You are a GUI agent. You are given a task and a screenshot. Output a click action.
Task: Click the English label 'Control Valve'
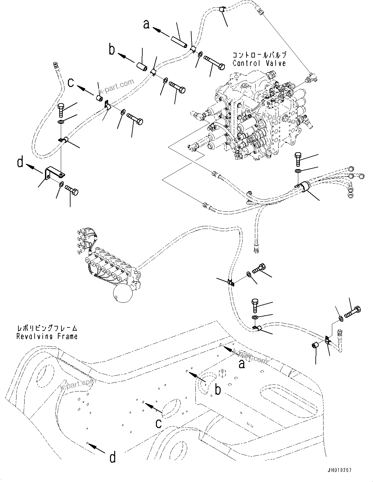[x=259, y=63]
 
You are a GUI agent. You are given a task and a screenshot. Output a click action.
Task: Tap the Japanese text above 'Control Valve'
[x=259, y=55]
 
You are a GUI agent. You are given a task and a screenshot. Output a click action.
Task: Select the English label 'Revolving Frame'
[x=47, y=336]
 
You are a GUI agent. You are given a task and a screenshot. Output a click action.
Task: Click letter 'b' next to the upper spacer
[x=112, y=50]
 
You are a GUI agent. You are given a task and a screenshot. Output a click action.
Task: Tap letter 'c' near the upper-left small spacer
[x=71, y=82]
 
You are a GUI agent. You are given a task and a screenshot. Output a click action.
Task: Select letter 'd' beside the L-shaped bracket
[x=20, y=162]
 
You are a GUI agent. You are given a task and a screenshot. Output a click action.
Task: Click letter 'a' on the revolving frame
[x=241, y=364]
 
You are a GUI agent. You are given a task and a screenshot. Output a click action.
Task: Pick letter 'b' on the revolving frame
[x=218, y=390]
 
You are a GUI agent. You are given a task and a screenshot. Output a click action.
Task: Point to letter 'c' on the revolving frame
[x=158, y=423]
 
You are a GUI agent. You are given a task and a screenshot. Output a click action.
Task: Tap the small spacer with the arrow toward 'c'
[x=100, y=98]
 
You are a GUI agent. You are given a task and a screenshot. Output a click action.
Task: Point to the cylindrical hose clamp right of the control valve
[x=304, y=187]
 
